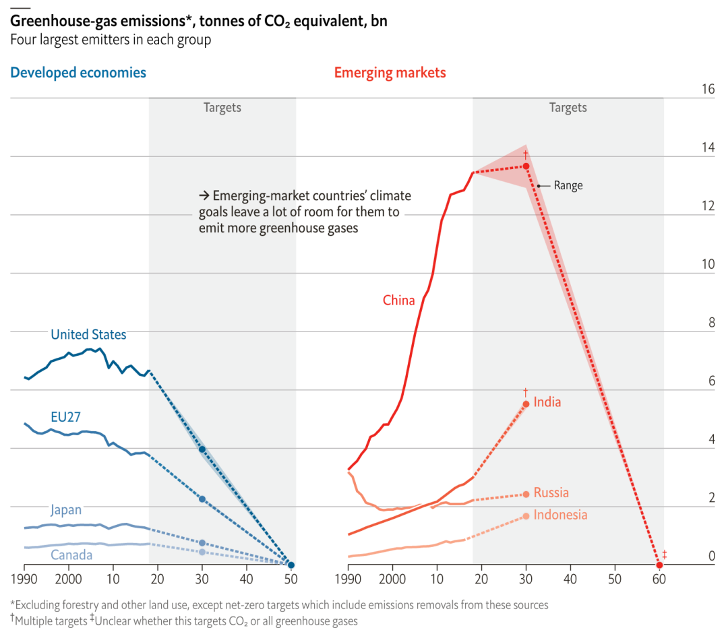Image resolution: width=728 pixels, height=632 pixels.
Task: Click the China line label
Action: click(x=399, y=301)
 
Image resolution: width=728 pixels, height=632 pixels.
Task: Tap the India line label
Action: click(x=547, y=402)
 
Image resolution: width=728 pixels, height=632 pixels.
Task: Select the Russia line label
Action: click(x=551, y=493)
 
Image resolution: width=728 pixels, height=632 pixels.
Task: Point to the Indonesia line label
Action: click(x=560, y=515)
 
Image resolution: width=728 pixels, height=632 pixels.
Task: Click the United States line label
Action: click(x=88, y=334)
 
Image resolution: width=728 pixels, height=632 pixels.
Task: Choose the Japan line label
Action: click(x=65, y=510)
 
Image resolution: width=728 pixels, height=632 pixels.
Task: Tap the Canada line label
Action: click(x=71, y=555)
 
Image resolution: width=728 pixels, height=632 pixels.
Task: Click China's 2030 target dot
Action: click(x=526, y=166)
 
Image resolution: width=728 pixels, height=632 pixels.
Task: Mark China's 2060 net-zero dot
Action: click(x=659, y=565)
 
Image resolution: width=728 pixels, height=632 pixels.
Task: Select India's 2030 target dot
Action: click(x=526, y=404)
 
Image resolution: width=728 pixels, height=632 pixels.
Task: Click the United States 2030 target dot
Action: click(x=202, y=449)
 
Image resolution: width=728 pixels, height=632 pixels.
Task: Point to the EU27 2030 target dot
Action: click(x=202, y=499)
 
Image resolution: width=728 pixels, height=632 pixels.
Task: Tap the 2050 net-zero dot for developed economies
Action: click(x=291, y=565)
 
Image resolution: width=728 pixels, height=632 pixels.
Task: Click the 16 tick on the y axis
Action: click(x=707, y=90)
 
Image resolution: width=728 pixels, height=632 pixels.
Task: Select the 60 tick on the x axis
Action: click(x=659, y=579)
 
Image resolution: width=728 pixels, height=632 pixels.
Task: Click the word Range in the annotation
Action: click(x=568, y=185)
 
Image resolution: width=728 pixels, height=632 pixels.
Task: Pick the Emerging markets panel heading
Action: click(x=390, y=73)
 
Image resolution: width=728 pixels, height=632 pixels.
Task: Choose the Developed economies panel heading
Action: click(x=78, y=73)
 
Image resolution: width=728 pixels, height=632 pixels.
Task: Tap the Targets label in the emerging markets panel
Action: click(x=568, y=108)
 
